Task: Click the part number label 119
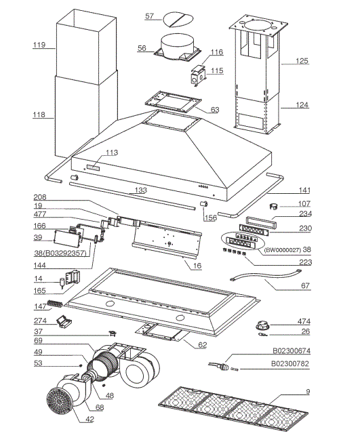(39, 45)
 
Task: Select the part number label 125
(302, 61)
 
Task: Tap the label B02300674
(291, 352)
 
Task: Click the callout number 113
(111, 153)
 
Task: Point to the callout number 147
(40, 306)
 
